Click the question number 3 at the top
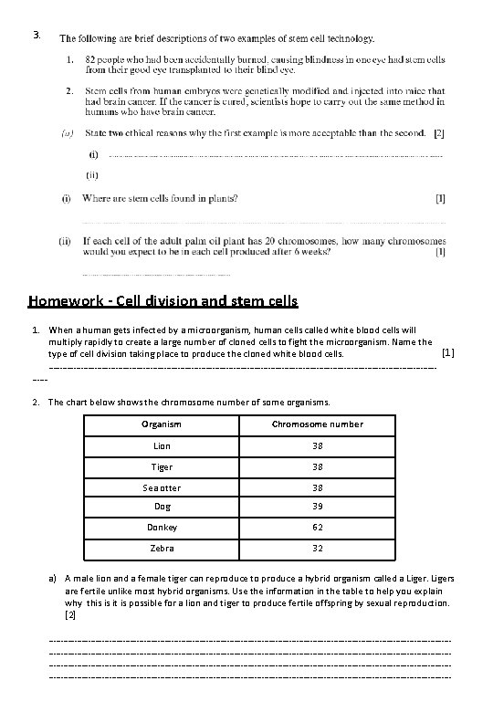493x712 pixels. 35,36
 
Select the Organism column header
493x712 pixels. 161,424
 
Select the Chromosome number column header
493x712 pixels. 317,424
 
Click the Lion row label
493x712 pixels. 161,446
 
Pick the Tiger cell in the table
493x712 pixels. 161,467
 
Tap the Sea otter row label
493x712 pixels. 161,487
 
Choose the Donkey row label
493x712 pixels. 161,528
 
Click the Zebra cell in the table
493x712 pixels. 161,549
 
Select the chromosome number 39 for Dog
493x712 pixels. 317,508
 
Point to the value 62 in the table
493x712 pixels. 317,528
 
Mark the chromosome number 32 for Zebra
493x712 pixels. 317,549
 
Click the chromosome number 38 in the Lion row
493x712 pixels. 317,446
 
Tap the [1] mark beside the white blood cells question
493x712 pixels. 446,351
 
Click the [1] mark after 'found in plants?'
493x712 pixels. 440,198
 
